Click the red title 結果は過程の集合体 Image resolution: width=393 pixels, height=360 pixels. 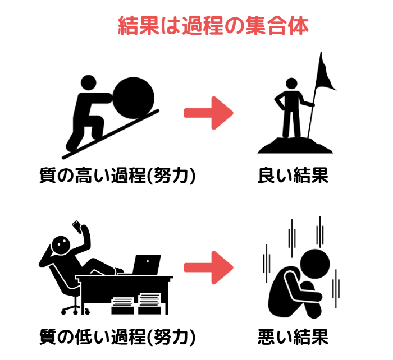coord(213,26)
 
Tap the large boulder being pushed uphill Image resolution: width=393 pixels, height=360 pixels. coord(134,98)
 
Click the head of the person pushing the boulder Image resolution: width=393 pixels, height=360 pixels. coord(89,83)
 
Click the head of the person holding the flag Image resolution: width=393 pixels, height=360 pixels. coord(291,84)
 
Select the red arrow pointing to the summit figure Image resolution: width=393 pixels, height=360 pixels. coord(208,113)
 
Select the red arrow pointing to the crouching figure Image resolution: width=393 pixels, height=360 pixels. coord(208,267)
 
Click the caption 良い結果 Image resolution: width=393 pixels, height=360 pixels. coord(293,176)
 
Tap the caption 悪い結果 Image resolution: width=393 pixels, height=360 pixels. coord(293,337)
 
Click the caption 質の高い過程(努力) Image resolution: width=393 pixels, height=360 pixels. coord(117,176)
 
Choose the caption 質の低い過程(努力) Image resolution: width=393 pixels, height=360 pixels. coord(117,337)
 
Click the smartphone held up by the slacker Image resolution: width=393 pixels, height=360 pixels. coord(77,227)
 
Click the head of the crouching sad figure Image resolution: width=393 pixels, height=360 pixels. coord(315,264)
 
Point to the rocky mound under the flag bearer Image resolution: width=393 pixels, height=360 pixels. coord(295,145)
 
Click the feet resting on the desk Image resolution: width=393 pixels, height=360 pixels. coord(119,270)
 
